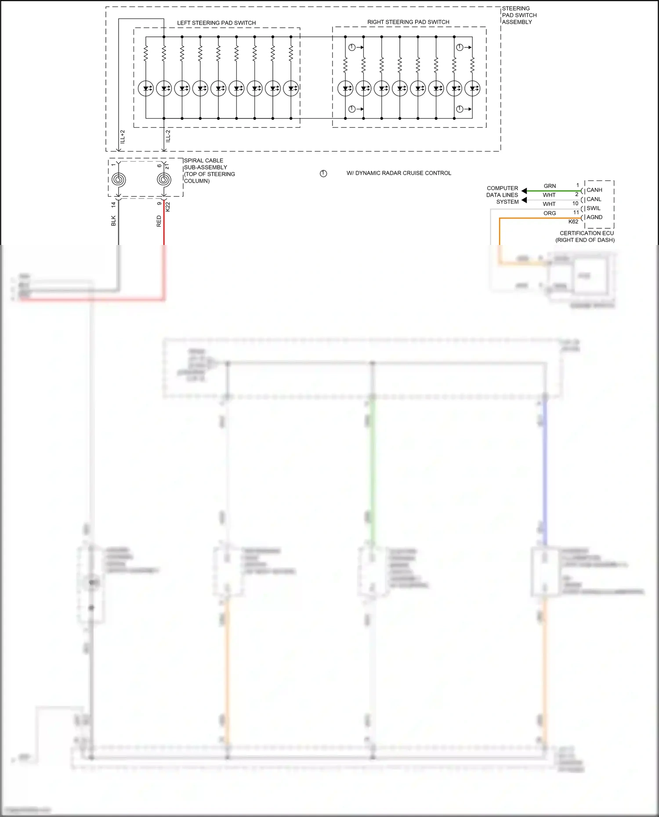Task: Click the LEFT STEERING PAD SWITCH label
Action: click(216, 23)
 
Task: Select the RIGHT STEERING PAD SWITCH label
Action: click(408, 22)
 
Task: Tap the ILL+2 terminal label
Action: click(123, 137)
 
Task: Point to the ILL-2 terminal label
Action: click(168, 136)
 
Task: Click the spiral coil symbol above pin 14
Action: click(119, 180)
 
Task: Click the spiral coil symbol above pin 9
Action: click(164, 180)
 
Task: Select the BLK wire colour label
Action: click(113, 221)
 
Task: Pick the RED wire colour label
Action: click(159, 221)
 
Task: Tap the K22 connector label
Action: click(168, 207)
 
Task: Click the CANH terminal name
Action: click(594, 190)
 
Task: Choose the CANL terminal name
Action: click(594, 199)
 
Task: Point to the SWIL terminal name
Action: click(594, 208)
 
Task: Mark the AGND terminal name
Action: click(594, 217)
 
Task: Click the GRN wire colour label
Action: click(550, 186)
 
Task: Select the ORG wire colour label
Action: click(550, 213)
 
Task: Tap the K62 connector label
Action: click(573, 222)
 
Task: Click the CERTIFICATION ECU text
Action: click(587, 233)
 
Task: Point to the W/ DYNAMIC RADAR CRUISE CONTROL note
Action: click(398, 173)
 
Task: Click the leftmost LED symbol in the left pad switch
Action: click(146, 88)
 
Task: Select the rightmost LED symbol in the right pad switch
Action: click(472, 88)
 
